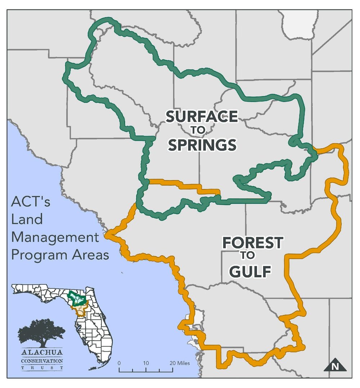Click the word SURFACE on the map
[201, 117]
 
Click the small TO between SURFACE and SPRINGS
[202, 131]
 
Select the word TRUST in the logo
[42, 368]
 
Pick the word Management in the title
[55, 237]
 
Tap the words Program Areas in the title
[60, 254]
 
